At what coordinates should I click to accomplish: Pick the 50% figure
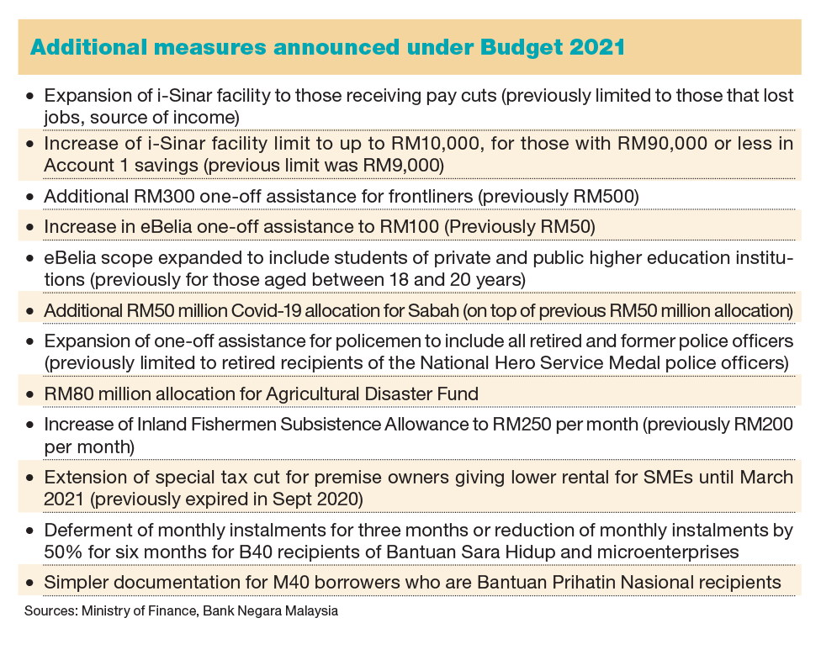click(x=61, y=552)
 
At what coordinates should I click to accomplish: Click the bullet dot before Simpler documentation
click(x=31, y=583)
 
